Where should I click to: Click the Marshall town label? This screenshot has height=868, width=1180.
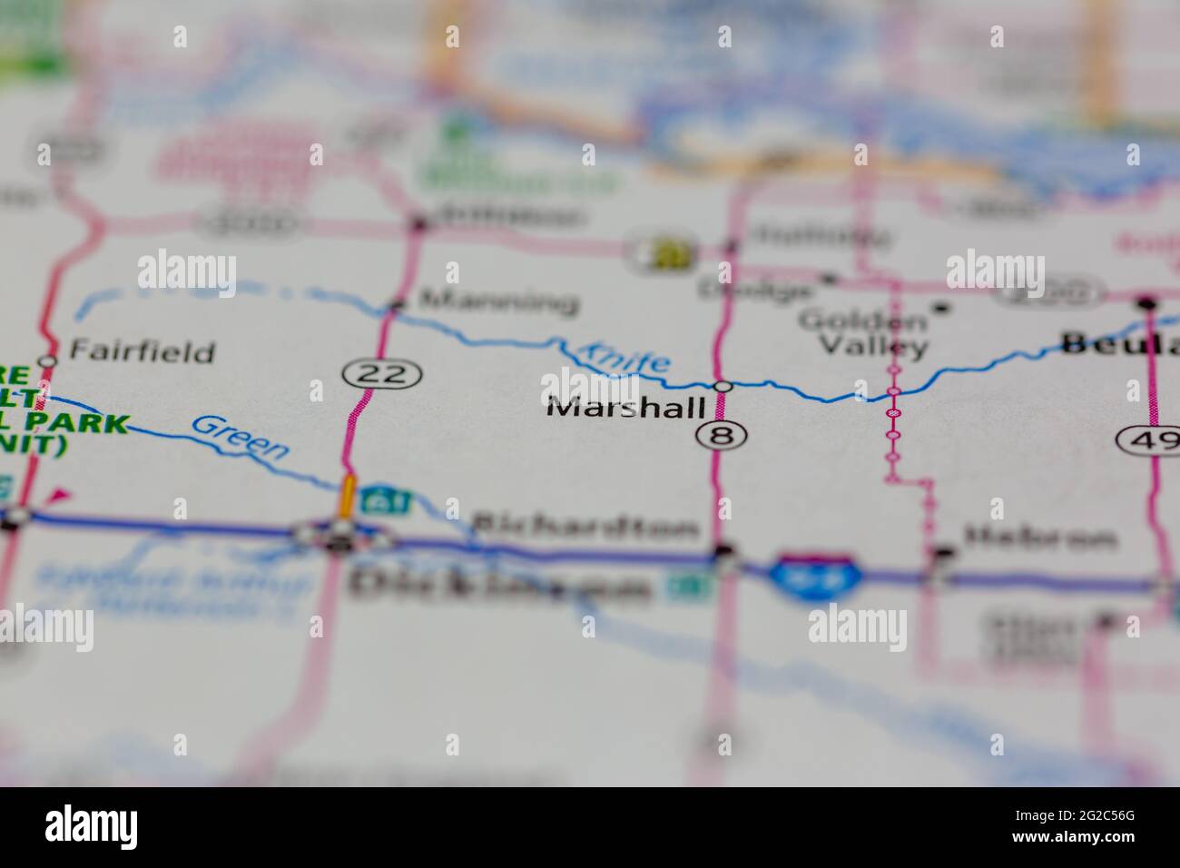[625, 408]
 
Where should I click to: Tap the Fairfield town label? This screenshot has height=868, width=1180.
[142, 350]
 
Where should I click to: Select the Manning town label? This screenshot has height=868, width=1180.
[499, 300]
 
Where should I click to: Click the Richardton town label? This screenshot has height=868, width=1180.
[585, 527]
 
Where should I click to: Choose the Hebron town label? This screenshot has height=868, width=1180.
[1039, 538]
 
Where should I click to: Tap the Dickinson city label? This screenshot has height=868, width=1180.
[499, 586]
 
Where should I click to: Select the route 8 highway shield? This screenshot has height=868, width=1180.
[722, 436]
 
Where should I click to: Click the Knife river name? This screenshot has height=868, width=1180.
[625, 356]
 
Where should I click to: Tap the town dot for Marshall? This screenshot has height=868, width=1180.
[723, 387]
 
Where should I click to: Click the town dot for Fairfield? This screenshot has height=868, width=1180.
[49, 360]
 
